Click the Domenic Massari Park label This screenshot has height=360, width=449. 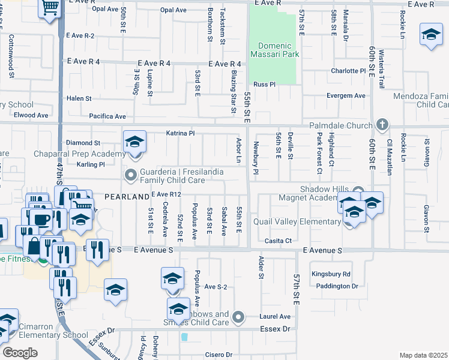tap(275, 50)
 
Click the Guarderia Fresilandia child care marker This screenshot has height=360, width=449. tap(130, 176)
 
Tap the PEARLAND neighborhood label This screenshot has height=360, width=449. tap(126, 196)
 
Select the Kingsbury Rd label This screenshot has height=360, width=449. tap(331, 274)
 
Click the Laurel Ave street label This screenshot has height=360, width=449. tap(276, 316)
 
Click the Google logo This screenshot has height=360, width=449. tap(20, 353)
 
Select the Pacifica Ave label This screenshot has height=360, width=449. tap(107, 116)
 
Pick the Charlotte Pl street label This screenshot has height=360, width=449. tap(348, 71)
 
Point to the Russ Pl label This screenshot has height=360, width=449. tap(263, 85)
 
